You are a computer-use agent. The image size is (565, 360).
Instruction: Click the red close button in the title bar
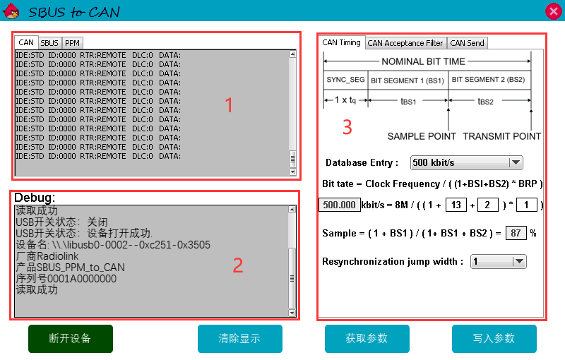(x=554, y=11)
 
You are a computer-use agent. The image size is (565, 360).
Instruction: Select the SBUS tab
(x=49, y=43)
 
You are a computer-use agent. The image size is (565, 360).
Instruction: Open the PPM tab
(x=73, y=43)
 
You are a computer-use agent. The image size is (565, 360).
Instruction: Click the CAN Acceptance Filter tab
(x=405, y=43)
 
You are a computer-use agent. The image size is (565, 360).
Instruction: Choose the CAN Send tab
(x=468, y=43)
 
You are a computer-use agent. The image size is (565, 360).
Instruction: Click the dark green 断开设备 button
(x=71, y=339)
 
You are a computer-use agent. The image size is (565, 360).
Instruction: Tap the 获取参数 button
(x=367, y=339)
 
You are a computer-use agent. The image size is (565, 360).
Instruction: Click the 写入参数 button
(x=494, y=339)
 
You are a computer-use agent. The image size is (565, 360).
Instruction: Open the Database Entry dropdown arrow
(x=516, y=163)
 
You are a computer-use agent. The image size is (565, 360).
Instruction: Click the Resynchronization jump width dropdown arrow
(x=519, y=261)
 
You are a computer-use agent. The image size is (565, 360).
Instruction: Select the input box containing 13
(x=456, y=205)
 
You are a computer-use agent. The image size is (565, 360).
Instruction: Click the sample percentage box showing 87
(x=516, y=233)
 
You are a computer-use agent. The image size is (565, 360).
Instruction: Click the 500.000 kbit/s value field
(x=340, y=205)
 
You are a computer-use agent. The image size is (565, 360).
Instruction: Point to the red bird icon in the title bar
(x=11, y=11)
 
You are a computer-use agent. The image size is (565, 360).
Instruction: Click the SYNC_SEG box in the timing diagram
(x=345, y=80)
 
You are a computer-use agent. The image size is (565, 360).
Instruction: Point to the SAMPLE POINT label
(x=422, y=136)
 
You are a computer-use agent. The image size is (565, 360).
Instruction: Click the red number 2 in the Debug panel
(x=238, y=265)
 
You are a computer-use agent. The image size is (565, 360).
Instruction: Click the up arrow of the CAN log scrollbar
(x=292, y=54)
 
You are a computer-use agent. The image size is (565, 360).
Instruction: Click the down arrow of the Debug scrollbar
(x=292, y=313)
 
